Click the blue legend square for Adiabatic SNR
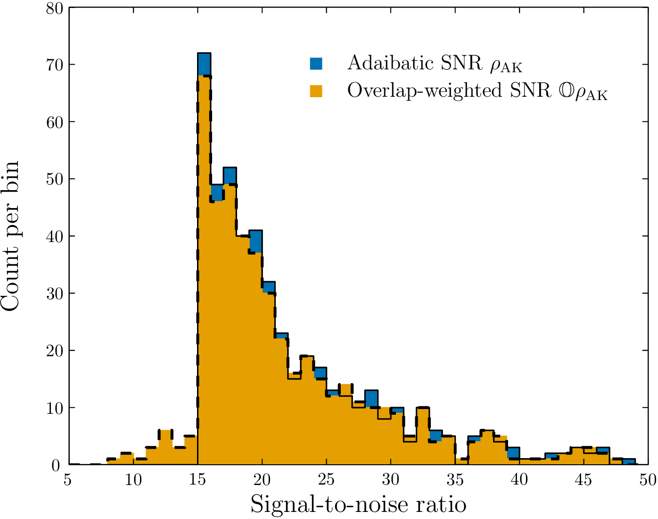click(x=316, y=63)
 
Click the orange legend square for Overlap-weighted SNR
click(x=316, y=91)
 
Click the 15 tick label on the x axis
click(x=197, y=480)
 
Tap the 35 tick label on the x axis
click(x=455, y=480)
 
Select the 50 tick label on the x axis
click(x=648, y=480)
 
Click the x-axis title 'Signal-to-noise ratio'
click(x=358, y=504)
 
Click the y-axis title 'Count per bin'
click(x=10, y=236)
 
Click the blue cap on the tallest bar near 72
click(x=204, y=64)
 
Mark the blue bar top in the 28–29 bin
click(x=371, y=398)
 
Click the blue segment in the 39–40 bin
click(x=513, y=452)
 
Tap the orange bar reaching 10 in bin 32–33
click(x=423, y=434)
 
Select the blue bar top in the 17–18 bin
click(x=230, y=176)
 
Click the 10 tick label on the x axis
click(x=133, y=480)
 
